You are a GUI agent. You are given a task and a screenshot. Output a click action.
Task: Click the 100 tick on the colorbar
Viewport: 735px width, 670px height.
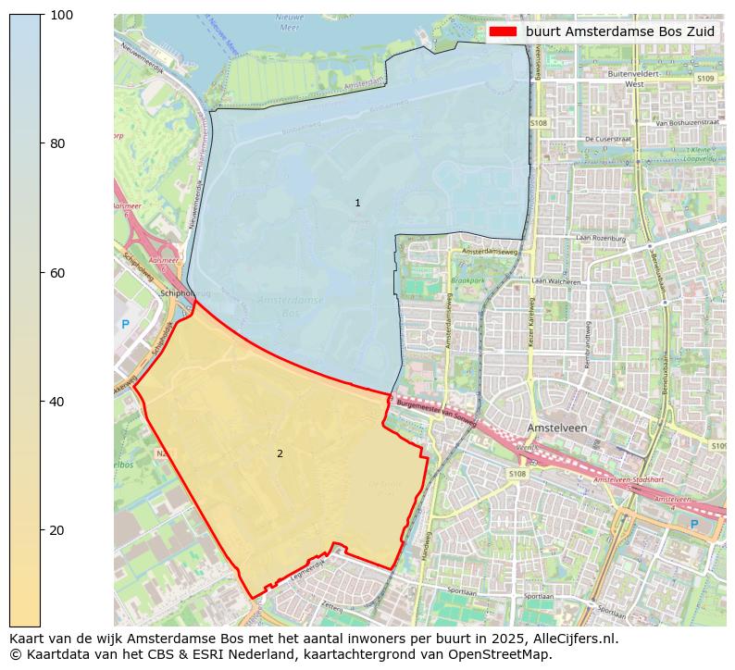(x=42, y=15)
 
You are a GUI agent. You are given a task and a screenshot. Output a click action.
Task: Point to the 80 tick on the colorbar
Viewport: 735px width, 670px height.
(x=42, y=143)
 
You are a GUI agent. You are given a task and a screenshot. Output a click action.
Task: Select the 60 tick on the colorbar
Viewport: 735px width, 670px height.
(x=42, y=273)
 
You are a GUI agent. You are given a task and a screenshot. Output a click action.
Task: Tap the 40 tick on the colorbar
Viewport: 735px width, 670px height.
(x=42, y=402)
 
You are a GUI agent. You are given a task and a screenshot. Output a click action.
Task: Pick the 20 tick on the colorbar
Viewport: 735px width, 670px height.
(x=42, y=530)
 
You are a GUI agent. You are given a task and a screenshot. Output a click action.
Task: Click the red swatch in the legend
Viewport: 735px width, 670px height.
(x=503, y=31)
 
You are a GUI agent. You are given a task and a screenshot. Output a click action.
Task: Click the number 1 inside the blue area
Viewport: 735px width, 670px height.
(x=357, y=203)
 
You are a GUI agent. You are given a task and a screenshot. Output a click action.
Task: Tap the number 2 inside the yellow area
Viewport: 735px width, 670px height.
(x=280, y=453)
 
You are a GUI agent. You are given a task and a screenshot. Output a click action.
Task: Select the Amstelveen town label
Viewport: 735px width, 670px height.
(x=557, y=428)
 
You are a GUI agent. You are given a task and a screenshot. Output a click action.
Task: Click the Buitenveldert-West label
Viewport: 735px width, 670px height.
(x=633, y=78)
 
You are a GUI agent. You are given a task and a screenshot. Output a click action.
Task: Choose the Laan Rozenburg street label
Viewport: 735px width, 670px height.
(x=600, y=239)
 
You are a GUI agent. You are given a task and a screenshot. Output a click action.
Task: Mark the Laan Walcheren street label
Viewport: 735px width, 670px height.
(x=555, y=281)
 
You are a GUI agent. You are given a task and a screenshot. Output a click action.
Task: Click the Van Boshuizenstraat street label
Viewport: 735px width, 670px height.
(x=687, y=122)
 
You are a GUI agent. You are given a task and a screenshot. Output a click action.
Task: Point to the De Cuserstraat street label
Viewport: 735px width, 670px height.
(x=606, y=139)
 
